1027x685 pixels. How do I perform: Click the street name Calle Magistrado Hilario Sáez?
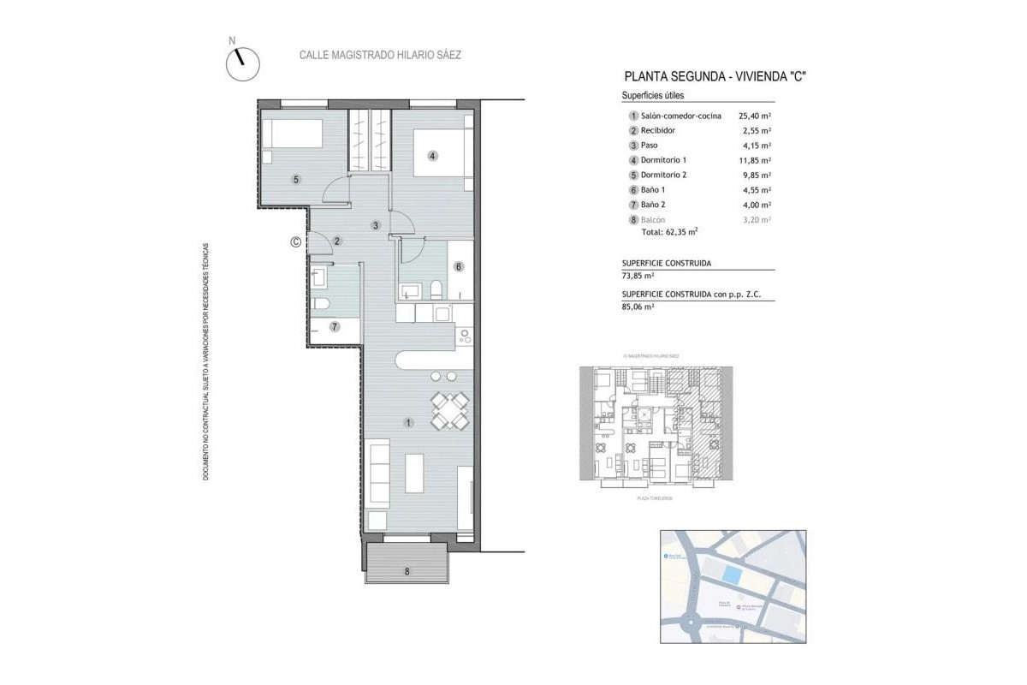(380, 55)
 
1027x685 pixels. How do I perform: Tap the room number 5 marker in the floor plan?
(295, 180)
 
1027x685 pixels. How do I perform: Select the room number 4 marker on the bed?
(433, 156)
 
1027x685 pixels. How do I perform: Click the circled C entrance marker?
(295, 242)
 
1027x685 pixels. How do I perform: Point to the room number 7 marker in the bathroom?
(335, 326)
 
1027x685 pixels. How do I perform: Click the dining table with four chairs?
(449, 410)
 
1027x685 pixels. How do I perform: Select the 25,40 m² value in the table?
(754, 116)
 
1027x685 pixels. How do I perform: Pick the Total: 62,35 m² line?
(669, 232)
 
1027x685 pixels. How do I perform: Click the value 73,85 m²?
(638, 276)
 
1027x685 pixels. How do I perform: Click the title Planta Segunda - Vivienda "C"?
(715, 76)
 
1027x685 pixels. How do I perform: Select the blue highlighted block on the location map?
(732, 574)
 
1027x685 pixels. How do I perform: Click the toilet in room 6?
(436, 289)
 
